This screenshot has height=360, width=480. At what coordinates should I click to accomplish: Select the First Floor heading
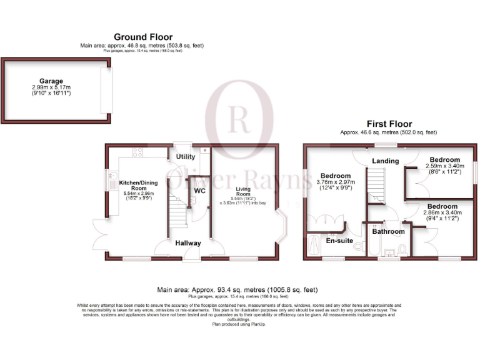click(388, 124)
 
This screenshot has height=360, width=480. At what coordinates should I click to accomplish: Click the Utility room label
click(185, 156)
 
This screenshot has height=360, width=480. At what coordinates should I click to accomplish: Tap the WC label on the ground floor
click(199, 190)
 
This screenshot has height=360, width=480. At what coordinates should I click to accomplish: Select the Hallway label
click(187, 243)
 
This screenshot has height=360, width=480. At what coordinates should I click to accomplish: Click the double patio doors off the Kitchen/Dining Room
click(99, 234)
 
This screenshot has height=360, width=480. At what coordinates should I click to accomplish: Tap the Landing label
click(385, 161)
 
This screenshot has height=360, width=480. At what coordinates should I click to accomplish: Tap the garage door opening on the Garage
click(107, 91)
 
